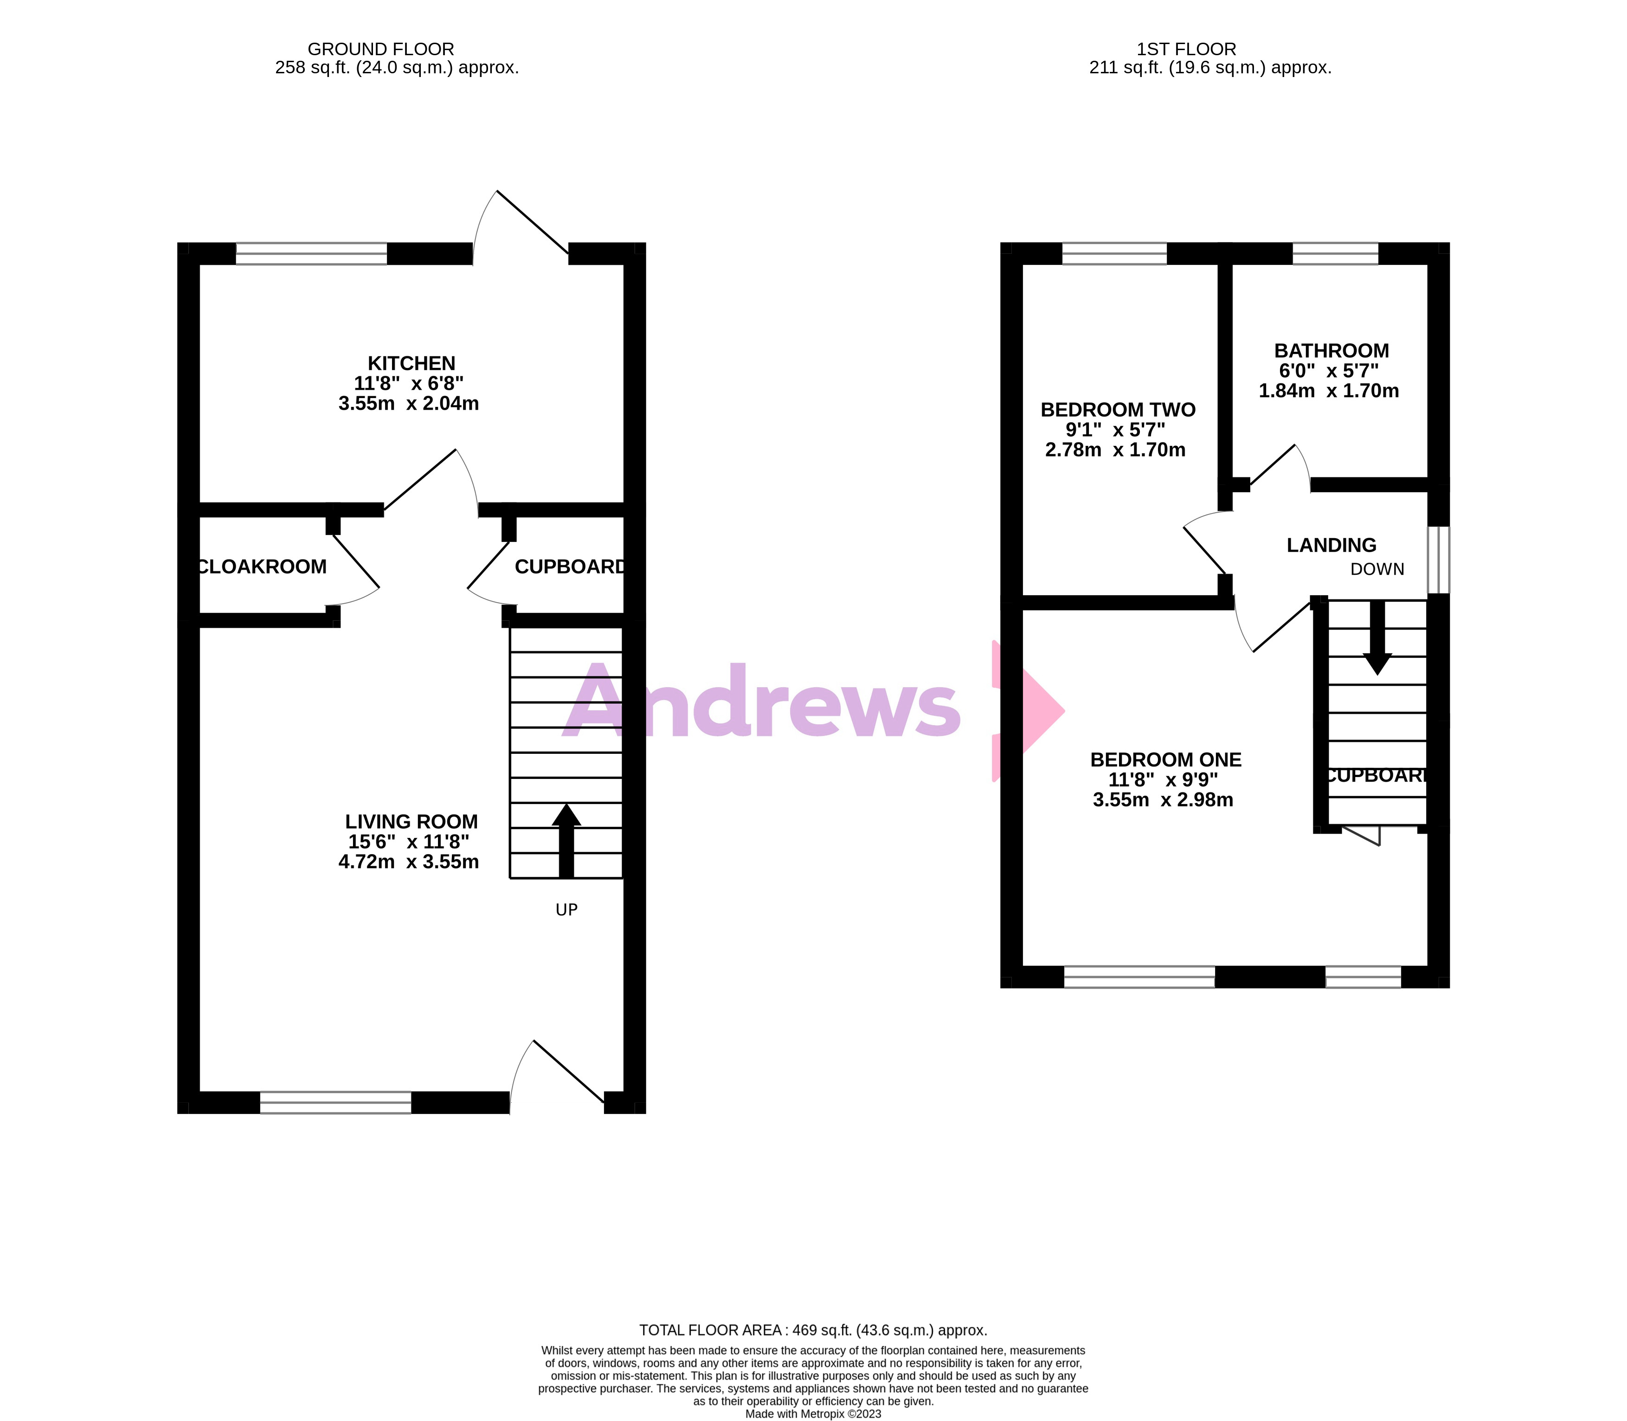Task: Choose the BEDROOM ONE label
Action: (x=1165, y=759)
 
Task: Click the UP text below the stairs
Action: (x=566, y=910)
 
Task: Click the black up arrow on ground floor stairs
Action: (x=566, y=841)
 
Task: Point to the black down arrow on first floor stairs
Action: (x=1377, y=638)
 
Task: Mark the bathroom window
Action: (x=1335, y=254)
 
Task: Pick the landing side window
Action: (x=1438, y=560)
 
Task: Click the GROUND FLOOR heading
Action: (x=380, y=49)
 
